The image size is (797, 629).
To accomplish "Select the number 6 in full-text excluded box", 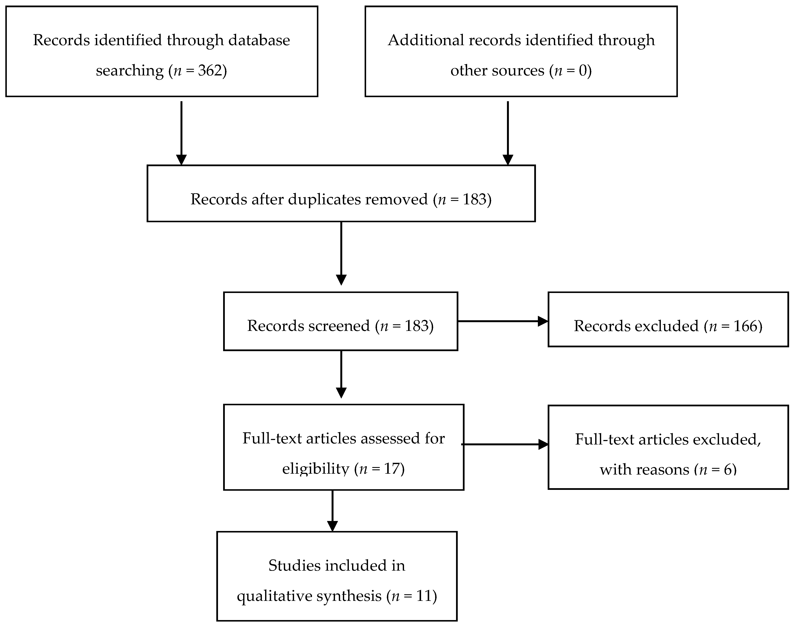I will click(x=728, y=470).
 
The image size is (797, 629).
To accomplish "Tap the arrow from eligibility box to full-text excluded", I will click(x=505, y=444).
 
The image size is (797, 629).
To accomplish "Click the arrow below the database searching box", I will click(x=181, y=133).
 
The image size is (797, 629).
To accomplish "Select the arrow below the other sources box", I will click(x=508, y=133).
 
